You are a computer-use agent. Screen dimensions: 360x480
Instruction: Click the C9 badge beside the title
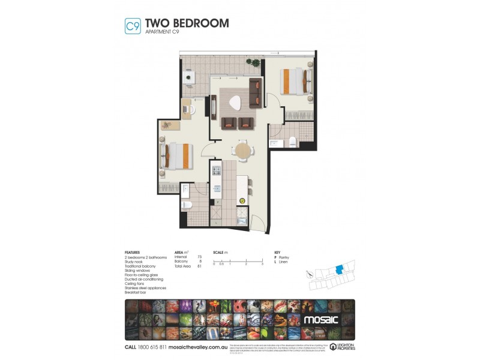[132, 26]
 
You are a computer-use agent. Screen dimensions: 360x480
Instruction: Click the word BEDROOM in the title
[200, 23]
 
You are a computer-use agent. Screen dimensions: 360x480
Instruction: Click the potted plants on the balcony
[255, 62]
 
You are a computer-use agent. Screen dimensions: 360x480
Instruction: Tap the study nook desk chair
[192, 110]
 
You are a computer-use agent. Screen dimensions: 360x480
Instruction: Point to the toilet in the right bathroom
[293, 142]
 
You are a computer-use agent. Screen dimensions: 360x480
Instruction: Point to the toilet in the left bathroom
[187, 206]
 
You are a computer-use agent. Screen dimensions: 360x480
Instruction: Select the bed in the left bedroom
[175, 155]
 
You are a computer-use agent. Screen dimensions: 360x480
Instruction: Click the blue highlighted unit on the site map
[340, 270]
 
